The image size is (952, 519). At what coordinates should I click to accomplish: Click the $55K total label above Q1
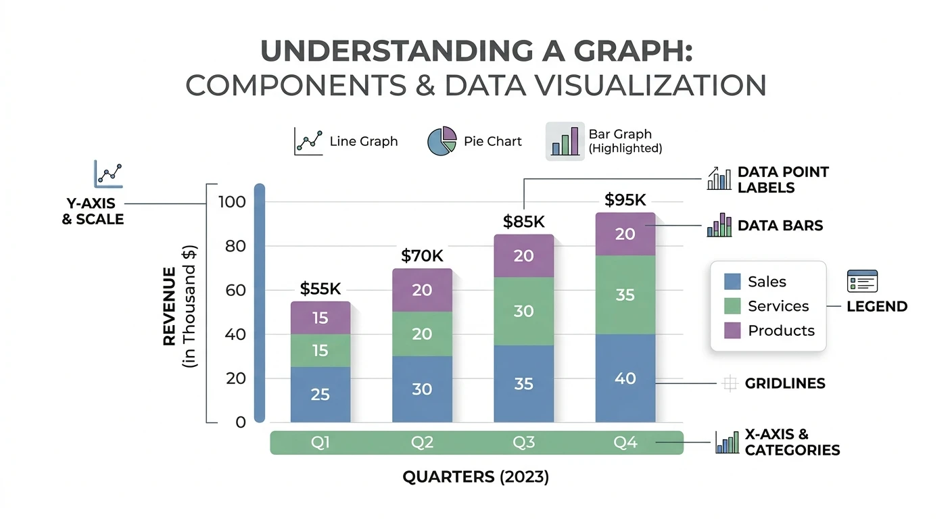click(320, 289)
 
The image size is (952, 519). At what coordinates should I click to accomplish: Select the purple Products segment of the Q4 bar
click(625, 234)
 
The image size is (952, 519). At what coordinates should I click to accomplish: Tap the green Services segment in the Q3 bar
click(523, 311)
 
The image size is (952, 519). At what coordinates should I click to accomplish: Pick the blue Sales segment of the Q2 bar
click(422, 389)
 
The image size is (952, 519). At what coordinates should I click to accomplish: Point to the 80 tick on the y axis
click(235, 246)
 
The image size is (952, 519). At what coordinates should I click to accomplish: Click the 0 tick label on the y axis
click(241, 422)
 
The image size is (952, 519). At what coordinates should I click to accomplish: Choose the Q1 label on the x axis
click(320, 443)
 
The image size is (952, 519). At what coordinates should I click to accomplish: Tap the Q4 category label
click(625, 443)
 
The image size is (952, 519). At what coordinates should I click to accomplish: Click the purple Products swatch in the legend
click(732, 330)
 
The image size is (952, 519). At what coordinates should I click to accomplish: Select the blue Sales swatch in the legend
click(732, 282)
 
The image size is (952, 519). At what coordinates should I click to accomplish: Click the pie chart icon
click(442, 141)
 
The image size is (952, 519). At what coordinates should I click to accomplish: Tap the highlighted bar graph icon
click(565, 141)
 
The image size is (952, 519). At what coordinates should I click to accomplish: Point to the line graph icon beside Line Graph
click(309, 142)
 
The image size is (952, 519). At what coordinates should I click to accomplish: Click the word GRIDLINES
click(785, 384)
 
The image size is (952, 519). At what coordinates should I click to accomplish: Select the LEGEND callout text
click(877, 306)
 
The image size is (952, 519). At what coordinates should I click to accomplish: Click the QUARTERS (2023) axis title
click(475, 477)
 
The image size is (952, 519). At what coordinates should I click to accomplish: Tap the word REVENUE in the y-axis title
click(169, 307)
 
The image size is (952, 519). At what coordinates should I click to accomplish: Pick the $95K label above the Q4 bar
click(625, 199)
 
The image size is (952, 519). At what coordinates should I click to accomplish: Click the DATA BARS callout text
click(780, 226)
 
